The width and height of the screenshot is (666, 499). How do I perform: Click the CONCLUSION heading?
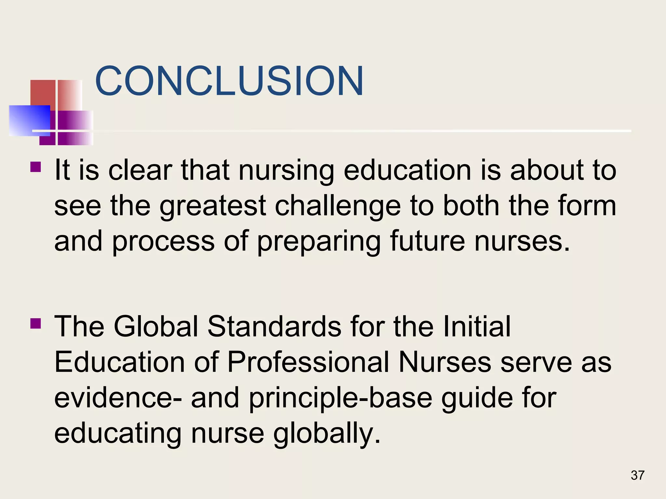click(x=229, y=81)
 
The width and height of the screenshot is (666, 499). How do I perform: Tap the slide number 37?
click(x=637, y=475)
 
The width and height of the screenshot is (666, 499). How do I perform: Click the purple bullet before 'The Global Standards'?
click(x=35, y=324)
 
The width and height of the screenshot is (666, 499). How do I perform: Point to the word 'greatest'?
click(x=213, y=207)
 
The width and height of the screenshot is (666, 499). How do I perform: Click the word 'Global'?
click(x=156, y=326)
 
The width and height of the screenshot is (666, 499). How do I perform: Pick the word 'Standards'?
click(x=274, y=326)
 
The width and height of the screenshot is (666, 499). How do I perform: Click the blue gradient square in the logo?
click(x=29, y=120)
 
